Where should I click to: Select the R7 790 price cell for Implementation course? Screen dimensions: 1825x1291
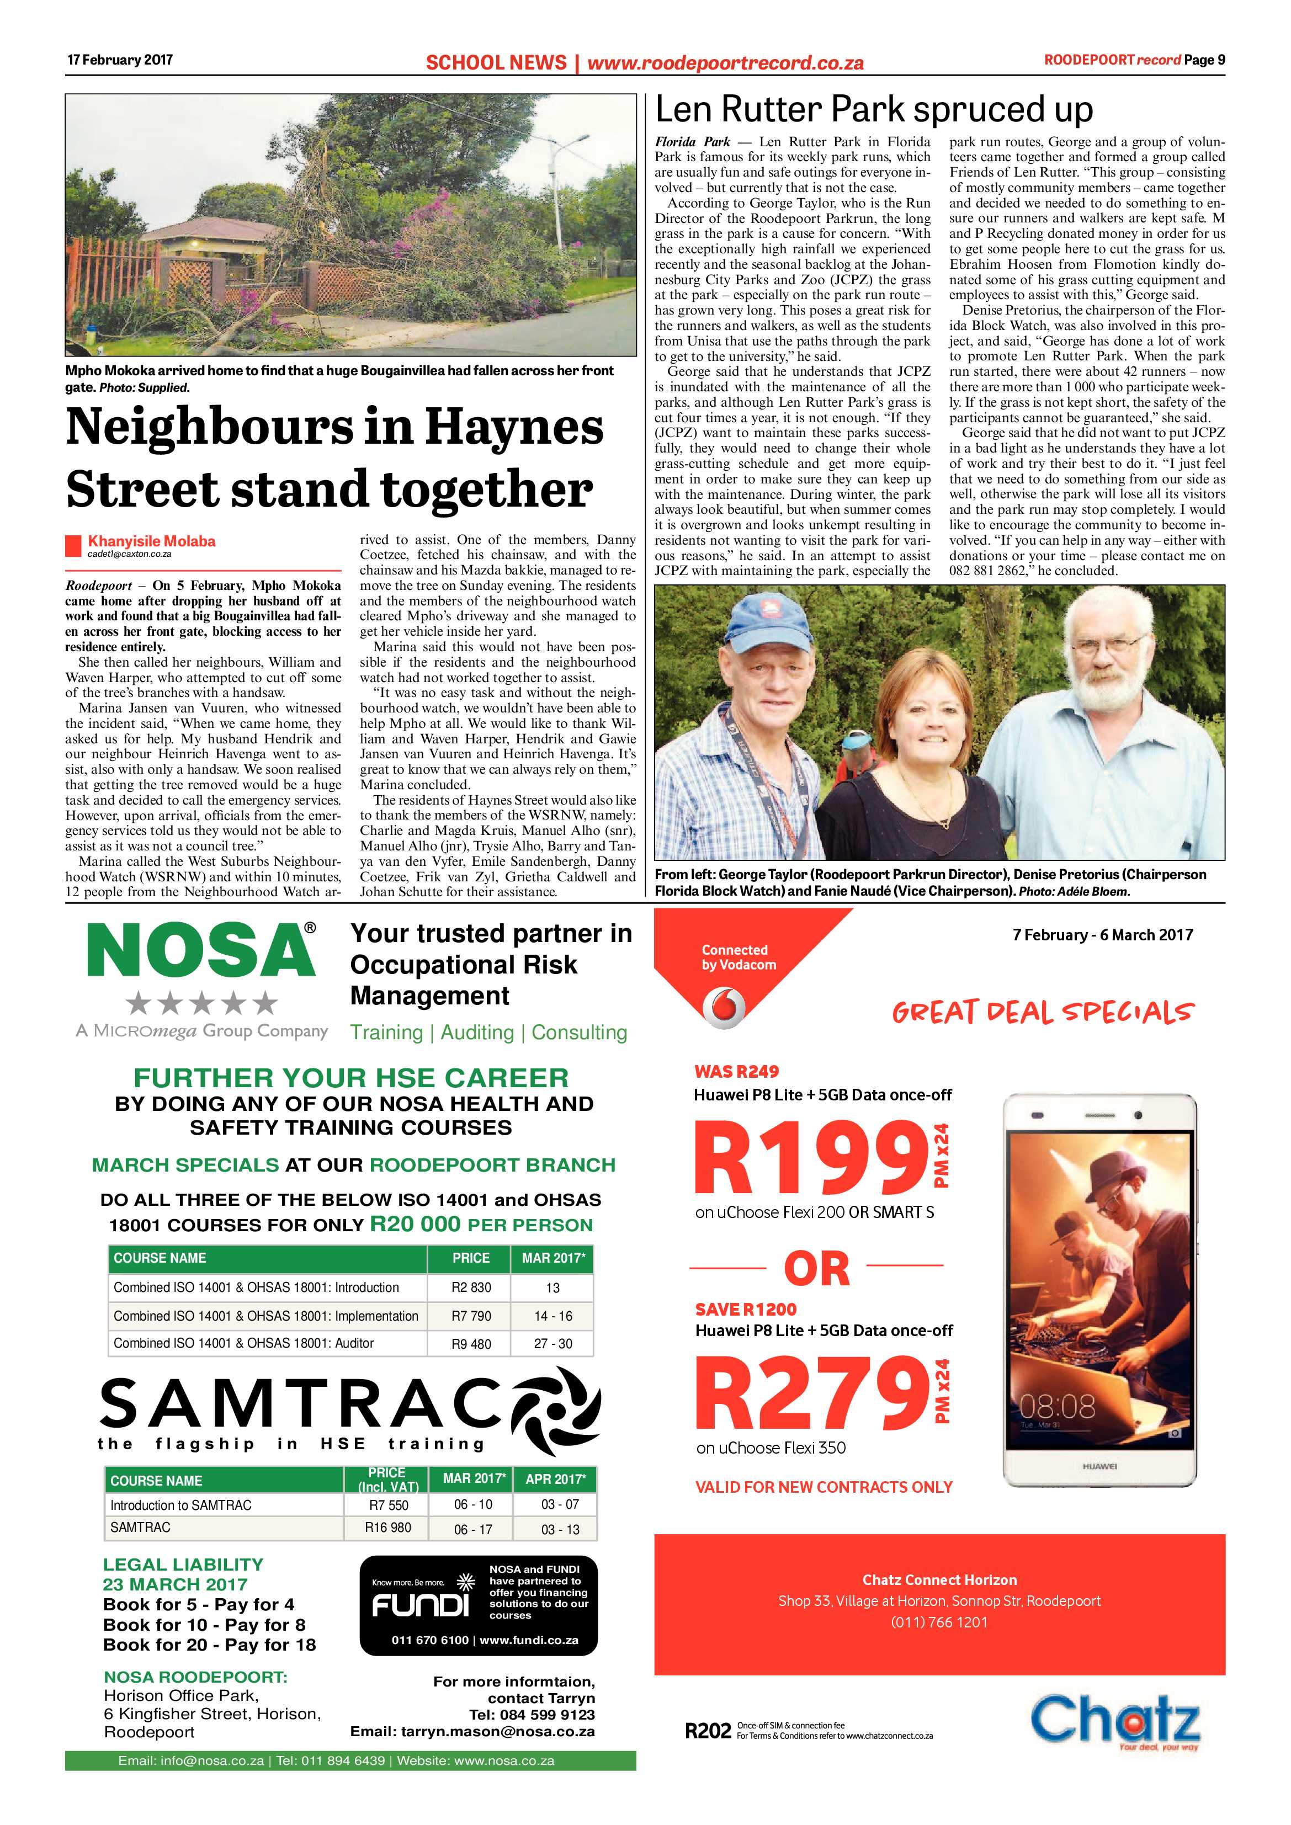[x=471, y=1316]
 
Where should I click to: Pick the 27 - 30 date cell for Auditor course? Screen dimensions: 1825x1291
[x=552, y=1344]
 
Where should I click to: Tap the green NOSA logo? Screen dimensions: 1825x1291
[x=200, y=951]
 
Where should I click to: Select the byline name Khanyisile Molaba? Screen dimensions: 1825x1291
[x=151, y=541]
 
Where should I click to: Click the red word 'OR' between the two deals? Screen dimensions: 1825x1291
[x=816, y=1269]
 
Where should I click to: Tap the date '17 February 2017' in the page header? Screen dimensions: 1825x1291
[x=120, y=60]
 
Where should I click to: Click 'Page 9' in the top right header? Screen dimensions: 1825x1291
[x=1204, y=60]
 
